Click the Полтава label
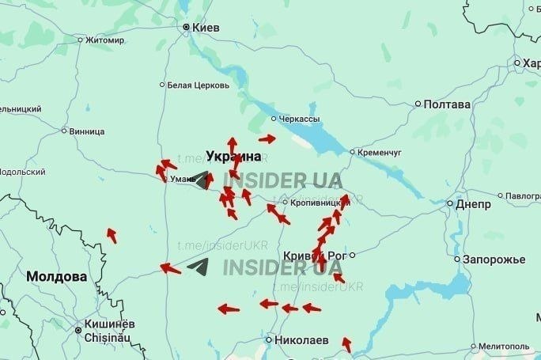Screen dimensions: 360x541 (x=447, y=104)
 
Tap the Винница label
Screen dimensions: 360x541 (x=87, y=131)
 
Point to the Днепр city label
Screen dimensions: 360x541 (x=473, y=203)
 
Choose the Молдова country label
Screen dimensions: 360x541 (x=56, y=277)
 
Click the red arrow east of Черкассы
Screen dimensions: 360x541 (x=267, y=138)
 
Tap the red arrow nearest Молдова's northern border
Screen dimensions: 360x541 (x=112, y=235)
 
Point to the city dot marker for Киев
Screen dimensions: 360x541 (x=187, y=28)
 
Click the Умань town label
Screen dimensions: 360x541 (x=181, y=179)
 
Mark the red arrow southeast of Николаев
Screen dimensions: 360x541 (x=346, y=344)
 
